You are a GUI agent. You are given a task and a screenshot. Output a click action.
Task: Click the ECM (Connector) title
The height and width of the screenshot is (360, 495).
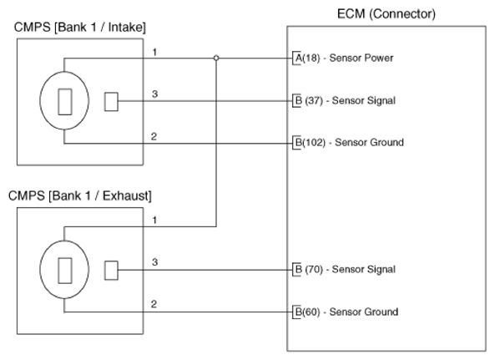[x=386, y=14]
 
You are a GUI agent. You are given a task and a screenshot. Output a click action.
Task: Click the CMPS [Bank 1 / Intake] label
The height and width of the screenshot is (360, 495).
[x=80, y=28]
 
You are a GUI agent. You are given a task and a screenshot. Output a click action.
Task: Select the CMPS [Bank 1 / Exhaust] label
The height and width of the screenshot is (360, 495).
[x=80, y=196]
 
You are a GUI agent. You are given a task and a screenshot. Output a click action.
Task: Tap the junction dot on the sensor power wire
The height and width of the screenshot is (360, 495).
[x=216, y=58]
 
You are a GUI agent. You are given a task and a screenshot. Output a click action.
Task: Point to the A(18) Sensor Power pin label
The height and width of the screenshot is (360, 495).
[x=345, y=58]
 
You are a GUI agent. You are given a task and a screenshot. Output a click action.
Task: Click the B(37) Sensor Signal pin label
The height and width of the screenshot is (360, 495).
[x=346, y=101]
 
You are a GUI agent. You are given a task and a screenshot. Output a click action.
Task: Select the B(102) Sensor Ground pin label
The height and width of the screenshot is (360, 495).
[x=350, y=143]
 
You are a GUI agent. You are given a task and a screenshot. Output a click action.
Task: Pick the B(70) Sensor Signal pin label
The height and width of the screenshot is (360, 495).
[x=346, y=269]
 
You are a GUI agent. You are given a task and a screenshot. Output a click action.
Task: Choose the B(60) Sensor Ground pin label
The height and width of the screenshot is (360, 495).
[x=346, y=312]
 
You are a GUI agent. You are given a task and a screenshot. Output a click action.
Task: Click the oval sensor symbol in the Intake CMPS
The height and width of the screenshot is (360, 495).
[x=40, y=101]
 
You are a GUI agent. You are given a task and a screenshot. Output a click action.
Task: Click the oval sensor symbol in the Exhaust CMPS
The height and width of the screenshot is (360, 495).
[x=40, y=269]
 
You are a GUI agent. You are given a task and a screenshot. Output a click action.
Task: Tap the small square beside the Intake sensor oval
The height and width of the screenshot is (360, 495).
[x=111, y=102]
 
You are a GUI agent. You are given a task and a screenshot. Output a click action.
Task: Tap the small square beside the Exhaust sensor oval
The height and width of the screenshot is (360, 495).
[x=111, y=271]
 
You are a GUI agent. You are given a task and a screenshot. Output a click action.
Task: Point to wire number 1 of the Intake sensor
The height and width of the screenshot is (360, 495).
[x=154, y=52]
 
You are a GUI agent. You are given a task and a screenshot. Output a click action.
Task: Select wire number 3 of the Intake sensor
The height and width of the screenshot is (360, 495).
[x=154, y=94]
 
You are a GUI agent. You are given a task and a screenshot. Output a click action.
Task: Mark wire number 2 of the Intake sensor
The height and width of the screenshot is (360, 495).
[x=154, y=136]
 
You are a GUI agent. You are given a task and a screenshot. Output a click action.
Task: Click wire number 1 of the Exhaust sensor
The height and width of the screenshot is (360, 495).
[x=154, y=221]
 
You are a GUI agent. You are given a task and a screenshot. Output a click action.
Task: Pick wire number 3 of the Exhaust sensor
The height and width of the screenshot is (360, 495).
[x=154, y=262]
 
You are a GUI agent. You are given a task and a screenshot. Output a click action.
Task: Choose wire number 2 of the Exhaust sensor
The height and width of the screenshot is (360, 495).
[x=154, y=304]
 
